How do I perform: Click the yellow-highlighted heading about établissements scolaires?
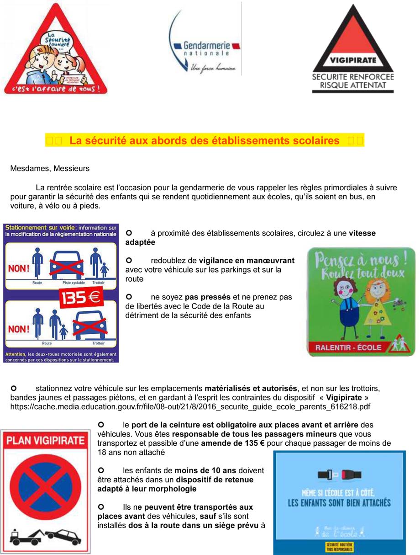click(205, 141)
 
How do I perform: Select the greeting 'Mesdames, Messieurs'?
click(50, 168)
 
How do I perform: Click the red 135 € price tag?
click(80, 298)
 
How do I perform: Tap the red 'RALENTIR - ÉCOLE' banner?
click(348, 347)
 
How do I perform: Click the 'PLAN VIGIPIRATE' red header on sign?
click(45, 441)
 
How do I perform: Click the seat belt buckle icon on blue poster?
click(339, 475)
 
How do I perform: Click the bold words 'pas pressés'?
click(208, 297)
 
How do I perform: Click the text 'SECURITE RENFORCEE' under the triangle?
click(352, 77)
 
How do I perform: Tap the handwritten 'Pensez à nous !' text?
click(361, 260)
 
